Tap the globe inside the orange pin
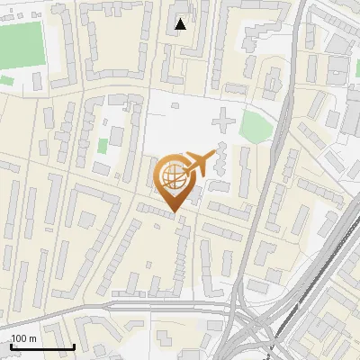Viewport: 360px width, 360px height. pyautogui.click(x=175, y=177)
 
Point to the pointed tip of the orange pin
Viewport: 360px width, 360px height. pyautogui.click(x=175, y=212)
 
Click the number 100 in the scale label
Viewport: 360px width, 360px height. pyautogui.click(x=19, y=338)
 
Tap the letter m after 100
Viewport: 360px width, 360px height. pyautogui.click(x=32, y=338)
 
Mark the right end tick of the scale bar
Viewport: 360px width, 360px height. pyautogui.click(x=73, y=346)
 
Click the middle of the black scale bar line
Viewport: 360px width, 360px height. pyautogui.click(x=41, y=347)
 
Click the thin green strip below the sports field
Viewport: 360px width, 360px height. pyautogui.click(x=7, y=81)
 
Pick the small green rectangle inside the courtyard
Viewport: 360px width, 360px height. pyautogui.click(x=103, y=145)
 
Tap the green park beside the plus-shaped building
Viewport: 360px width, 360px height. pyautogui.click(x=255, y=127)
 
